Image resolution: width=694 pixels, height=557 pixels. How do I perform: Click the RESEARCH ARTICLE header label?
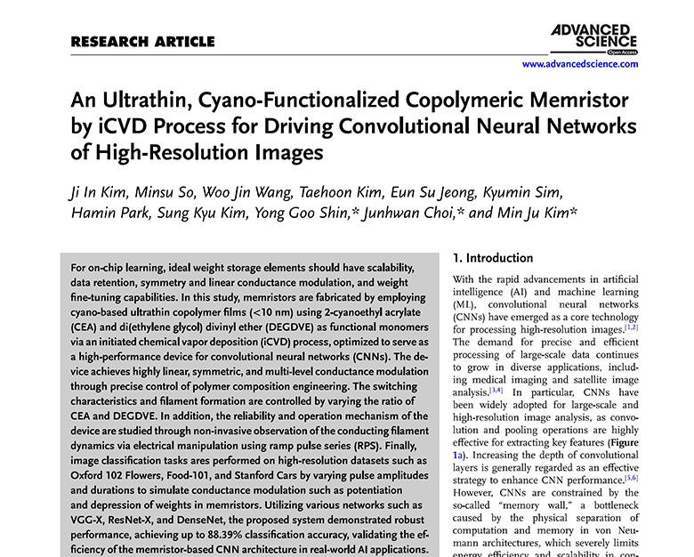[142, 42]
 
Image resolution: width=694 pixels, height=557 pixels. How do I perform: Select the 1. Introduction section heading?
[493, 258]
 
